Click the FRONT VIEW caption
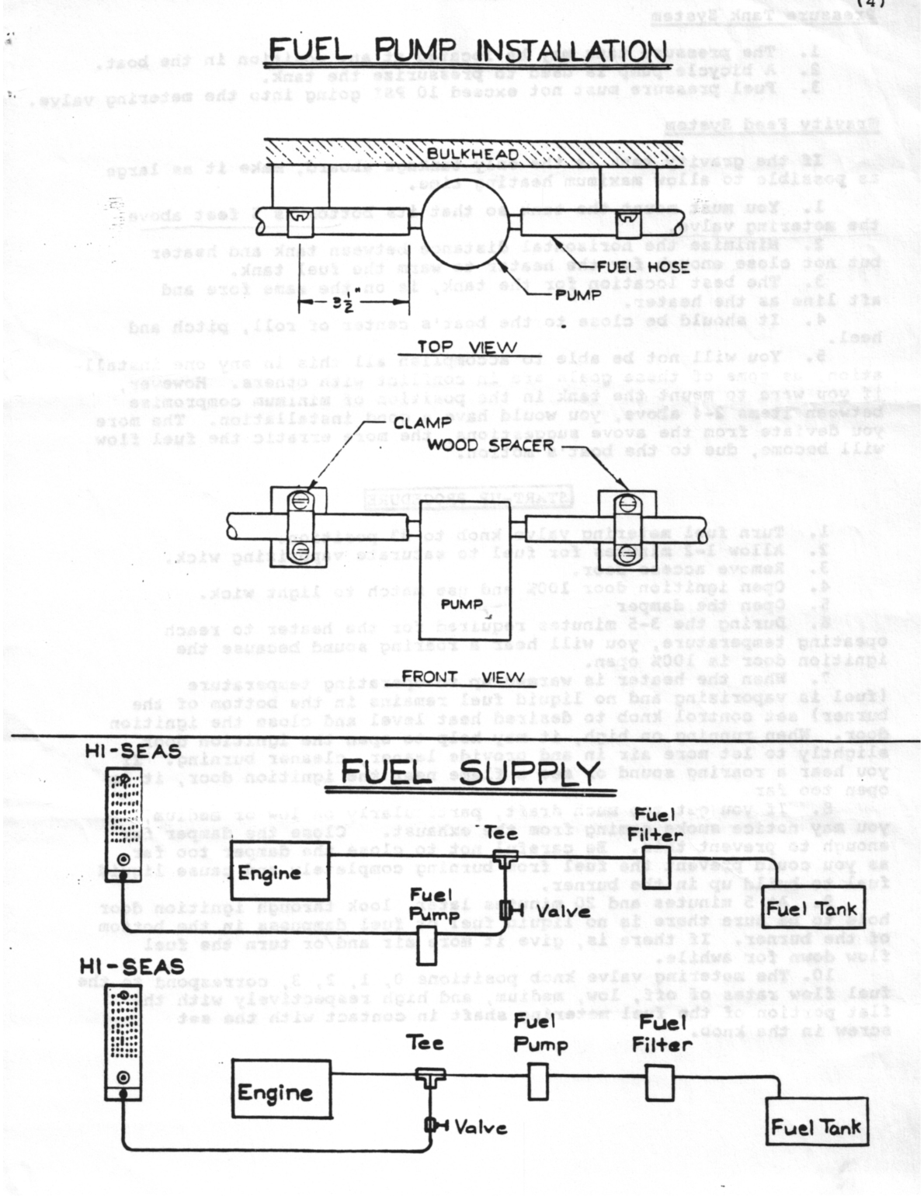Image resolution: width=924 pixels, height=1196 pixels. point(464,676)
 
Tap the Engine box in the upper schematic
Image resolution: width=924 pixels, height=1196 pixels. point(271,873)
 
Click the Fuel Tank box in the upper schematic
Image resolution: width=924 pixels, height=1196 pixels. point(811,910)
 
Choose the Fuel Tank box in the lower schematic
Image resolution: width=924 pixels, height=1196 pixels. point(815,1128)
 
